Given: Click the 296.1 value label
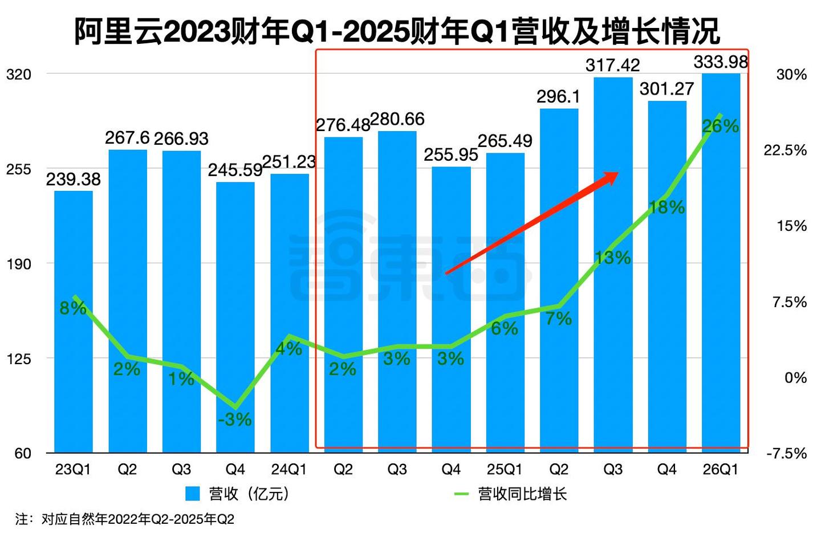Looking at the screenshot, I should pyautogui.click(x=558, y=97).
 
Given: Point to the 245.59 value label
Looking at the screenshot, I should pyautogui.click(x=234, y=170).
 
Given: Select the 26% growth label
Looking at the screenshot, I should pyautogui.click(x=721, y=126).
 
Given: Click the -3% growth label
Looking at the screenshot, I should pyautogui.click(x=234, y=419).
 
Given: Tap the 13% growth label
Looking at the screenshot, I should pyautogui.click(x=613, y=258).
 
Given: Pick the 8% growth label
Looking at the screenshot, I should pyautogui.click(x=73, y=308).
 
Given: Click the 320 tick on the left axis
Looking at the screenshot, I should pyautogui.click(x=18, y=74).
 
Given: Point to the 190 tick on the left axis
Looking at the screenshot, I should pyautogui.click(x=18, y=264).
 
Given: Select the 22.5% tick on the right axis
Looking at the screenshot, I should pyautogui.click(x=785, y=150).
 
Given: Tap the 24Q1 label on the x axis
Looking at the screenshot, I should pyautogui.click(x=288, y=470).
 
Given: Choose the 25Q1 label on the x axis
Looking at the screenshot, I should pyautogui.click(x=505, y=470).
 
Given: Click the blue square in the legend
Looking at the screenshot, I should pyautogui.click(x=193, y=494).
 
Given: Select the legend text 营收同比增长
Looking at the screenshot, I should pyautogui.click(x=522, y=494).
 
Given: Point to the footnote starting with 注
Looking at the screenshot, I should pyautogui.click(x=125, y=519).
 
